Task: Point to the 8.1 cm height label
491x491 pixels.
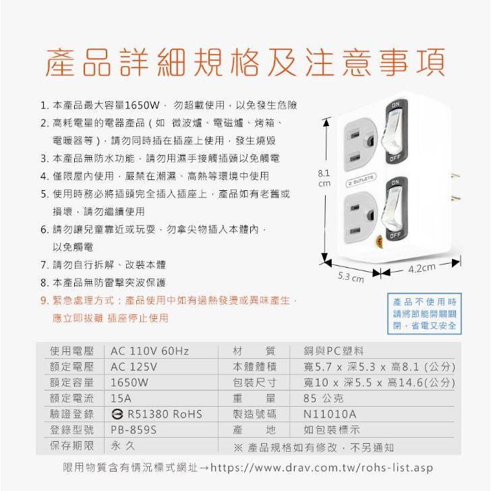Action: [x=324, y=178]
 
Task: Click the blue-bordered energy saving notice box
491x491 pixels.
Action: [x=425, y=312]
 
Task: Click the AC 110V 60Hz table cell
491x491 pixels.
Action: [x=150, y=351]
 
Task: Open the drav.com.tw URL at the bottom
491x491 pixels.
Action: [x=322, y=468]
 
